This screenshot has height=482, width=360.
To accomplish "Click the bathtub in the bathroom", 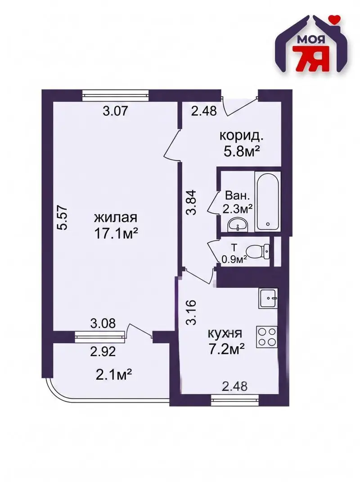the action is (267, 201).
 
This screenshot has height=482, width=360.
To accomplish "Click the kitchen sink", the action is (268, 298).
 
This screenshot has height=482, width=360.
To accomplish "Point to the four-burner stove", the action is (267, 337).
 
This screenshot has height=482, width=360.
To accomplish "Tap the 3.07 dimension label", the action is (115, 111).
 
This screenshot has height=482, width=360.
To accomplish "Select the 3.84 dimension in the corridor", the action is (191, 202).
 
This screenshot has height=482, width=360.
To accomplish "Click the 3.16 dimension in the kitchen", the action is (191, 312).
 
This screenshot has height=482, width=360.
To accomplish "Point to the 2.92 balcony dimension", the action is (103, 351).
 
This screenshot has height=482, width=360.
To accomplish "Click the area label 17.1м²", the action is (115, 234).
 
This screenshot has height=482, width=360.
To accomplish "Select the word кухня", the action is (225, 333).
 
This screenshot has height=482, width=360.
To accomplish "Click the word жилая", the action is (115, 218).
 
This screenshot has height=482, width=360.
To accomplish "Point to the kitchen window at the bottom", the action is (235, 400).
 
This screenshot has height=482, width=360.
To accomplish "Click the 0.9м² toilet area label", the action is (234, 260).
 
